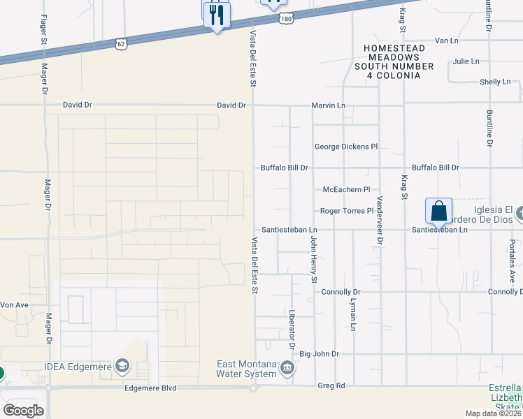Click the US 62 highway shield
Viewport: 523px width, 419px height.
[122, 44]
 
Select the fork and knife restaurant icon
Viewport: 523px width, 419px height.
[217, 15]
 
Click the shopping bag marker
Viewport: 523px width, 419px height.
[438, 211]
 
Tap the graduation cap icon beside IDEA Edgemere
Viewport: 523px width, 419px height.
[122, 366]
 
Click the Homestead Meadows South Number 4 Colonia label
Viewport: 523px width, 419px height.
[393, 61]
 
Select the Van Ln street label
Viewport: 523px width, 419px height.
[446, 41]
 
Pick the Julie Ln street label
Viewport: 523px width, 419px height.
[466, 61]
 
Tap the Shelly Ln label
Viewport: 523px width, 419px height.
[495, 82]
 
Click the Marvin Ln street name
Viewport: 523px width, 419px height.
[329, 105]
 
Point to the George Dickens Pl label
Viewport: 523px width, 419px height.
[345, 147]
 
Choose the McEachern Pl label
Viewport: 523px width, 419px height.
[345, 189]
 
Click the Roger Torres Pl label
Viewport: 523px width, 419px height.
[343, 210]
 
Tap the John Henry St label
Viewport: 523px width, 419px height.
[313, 259]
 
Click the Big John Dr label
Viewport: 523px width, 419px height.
[319, 354]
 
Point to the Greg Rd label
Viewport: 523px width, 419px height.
[331, 385]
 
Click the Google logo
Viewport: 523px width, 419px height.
[24, 411]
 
